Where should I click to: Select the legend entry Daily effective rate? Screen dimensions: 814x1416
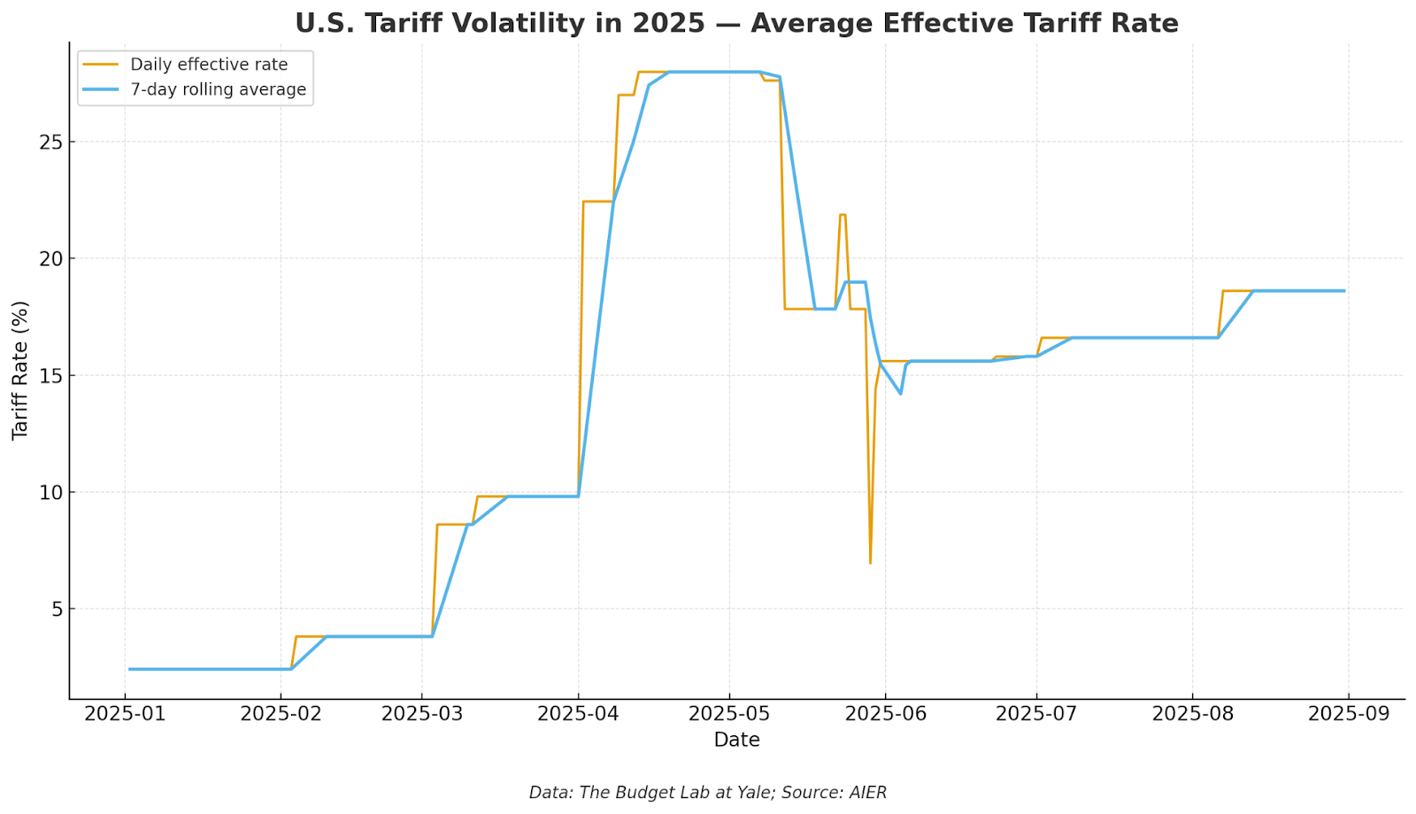(209, 65)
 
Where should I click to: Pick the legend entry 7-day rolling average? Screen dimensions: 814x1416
(218, 89)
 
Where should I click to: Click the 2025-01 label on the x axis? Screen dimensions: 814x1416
(125, 714)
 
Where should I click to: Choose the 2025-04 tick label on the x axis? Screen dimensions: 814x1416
(578, 714)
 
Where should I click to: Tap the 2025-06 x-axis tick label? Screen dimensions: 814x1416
(885, 714)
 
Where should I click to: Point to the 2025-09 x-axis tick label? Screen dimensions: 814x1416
(1348, 714)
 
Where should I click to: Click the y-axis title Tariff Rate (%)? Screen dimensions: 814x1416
(20, 370)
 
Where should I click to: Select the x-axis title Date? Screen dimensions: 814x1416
(736, 740)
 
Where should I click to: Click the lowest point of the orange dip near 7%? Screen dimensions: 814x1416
(870, 563)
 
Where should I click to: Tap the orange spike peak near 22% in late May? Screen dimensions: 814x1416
(843, 215)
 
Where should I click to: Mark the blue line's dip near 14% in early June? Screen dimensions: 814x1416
(900, 393)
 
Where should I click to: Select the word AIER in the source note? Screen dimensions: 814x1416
(866, 793)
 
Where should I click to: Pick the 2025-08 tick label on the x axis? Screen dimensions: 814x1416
(1191, 714)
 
